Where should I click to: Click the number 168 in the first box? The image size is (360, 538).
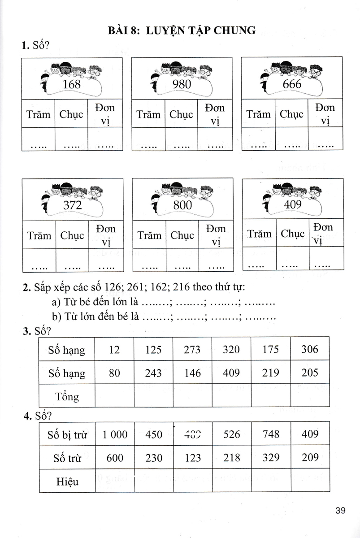(x=72, y=85)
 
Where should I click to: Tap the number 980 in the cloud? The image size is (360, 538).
(x=182, y=85)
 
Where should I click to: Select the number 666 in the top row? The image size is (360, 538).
(x=292, y=84)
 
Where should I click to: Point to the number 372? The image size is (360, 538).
(x=73, y=205)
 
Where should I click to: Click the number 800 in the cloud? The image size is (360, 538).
(x=182, y=205)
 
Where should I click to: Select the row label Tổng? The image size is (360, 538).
(x=67, y=396)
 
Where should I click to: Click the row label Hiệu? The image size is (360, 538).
(x=68, y=482)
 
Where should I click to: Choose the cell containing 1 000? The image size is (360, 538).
(x=115, y=434)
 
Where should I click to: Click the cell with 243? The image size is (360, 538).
(x=153, y=373)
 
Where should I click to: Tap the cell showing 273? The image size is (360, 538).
(x=192, y=349)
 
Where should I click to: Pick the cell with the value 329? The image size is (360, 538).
(x=270, y=458)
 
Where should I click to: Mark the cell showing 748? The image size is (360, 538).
(x=270, y=434)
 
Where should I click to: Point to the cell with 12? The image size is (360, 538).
(x=114, y=349)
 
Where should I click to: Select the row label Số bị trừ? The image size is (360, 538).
(x=67, y=434)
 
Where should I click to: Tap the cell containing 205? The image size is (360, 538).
(x=310, y=373)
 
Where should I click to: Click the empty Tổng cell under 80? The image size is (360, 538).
(x=114, y=396)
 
